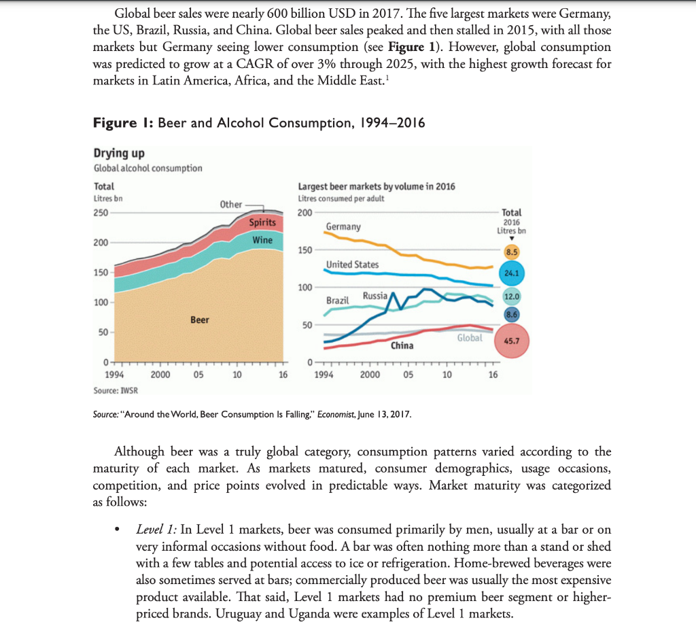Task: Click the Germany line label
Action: tap(343, 226)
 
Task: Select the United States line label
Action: tap(352, 264)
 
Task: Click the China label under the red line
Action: tap(402, 345)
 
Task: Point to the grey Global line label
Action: tap(470, 337)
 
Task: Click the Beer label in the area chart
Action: tap(199, 320)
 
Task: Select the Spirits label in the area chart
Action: tap(262, 222)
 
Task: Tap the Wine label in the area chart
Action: tap(262, 240)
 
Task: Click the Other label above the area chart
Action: tap(231, 204)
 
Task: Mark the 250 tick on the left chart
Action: tap(101, 212)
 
